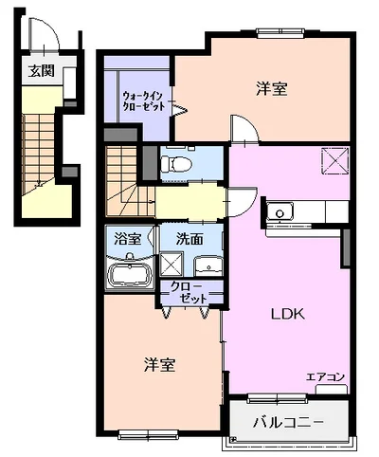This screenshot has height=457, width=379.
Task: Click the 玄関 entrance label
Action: point(42,71)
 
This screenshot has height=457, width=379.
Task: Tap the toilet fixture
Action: point(176,164)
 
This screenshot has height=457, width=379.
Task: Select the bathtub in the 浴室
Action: point(130,275)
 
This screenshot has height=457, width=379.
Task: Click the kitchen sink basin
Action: point(280,212)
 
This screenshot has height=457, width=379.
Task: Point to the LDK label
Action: point(288,314)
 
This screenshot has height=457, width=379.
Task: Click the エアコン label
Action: point(325,377)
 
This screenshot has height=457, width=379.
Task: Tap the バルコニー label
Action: point(288,422)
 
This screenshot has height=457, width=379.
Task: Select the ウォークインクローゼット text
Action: point(143,101)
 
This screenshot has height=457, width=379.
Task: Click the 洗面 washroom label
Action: point(189,240)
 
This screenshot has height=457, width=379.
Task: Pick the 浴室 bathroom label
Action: point(128,239)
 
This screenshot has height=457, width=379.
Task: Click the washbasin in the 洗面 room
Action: point(208,266)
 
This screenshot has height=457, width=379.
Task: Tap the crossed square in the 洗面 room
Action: point(171,264)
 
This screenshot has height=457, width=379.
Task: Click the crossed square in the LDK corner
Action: point(334,161)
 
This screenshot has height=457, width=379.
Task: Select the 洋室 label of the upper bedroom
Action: point(272,89)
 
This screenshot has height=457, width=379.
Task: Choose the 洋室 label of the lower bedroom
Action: point(160,364)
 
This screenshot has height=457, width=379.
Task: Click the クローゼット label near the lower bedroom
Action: point(189,292)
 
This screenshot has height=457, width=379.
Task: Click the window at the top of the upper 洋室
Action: point(280,32)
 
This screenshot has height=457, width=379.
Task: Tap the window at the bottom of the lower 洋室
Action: point(149,435)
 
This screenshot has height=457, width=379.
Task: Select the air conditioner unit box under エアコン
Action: point(332,389)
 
